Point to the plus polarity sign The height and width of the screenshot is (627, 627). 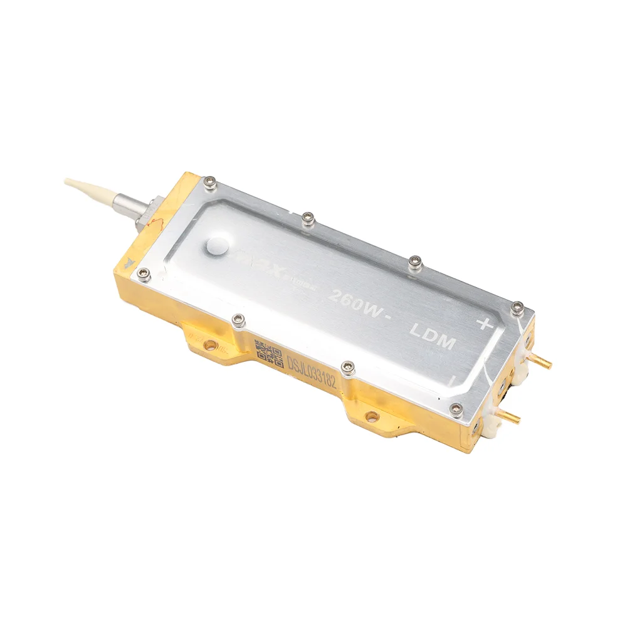point(483,324)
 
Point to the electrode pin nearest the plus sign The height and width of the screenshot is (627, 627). point(538,363)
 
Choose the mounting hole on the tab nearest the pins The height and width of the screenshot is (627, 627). point(373,414)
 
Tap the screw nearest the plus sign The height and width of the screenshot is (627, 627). point(516,307)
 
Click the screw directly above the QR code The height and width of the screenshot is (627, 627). point(238,320)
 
